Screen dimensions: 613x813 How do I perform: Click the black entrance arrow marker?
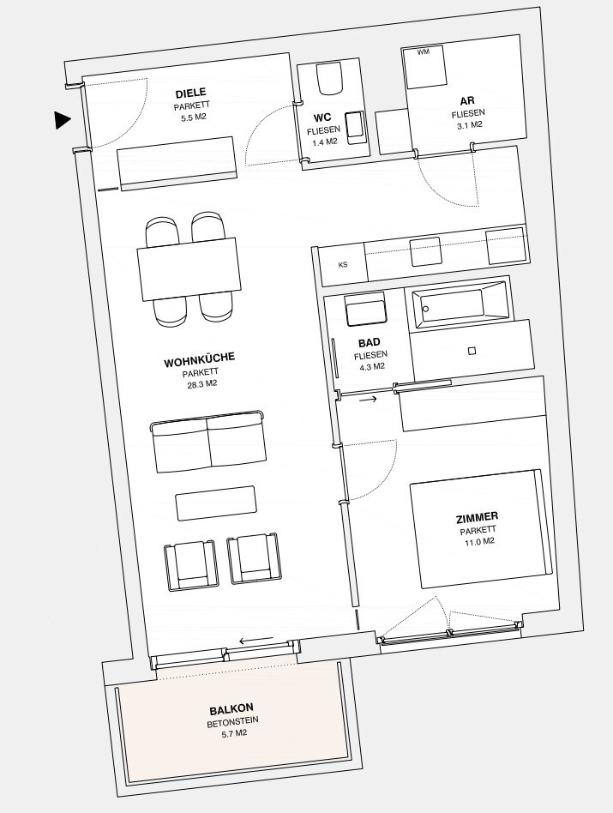coord(63,120)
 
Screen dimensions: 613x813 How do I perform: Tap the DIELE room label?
coord(190,93)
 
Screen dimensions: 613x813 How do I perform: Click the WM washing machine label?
coord(424,51)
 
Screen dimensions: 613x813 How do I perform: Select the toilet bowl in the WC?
coord(330,79)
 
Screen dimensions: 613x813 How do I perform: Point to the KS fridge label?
coord(343,265)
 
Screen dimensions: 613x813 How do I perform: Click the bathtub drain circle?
coord(425,310)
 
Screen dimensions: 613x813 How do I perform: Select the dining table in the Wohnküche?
coord(189,268)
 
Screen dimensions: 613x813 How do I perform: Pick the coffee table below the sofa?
coord(215,503)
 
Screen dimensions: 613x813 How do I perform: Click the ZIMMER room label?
coord(477,517)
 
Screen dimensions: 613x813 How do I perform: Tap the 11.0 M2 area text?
coord(478,542)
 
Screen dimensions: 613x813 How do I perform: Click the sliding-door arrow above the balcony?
coord(256,641)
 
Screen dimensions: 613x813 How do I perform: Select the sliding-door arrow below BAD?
coord(369,400)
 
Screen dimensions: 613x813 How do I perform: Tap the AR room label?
coord(467,100)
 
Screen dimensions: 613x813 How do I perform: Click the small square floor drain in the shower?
coord(472,351)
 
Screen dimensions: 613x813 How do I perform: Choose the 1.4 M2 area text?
coord(325,142)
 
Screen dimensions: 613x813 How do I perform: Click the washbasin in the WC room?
coord(356,128)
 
